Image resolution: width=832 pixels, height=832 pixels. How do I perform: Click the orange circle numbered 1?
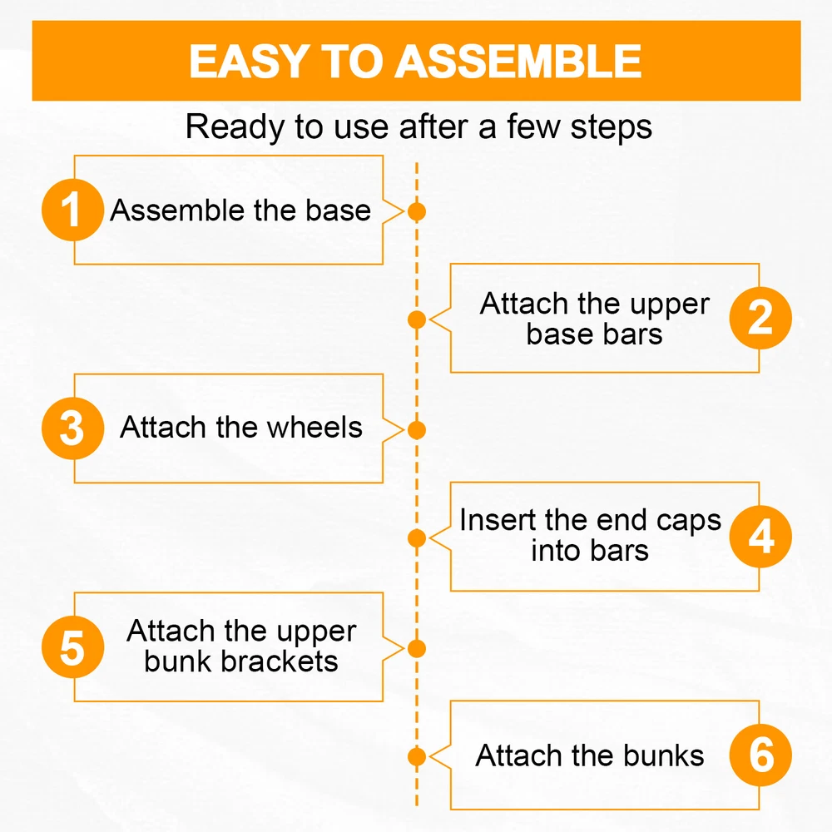pos(72,210)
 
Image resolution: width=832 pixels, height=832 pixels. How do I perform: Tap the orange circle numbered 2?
pos(760,318)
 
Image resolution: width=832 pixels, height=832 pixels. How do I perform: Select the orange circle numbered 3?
pos(72,428)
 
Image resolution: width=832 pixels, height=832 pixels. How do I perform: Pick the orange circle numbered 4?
pos(760,537)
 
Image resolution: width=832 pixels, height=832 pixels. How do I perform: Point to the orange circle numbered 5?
pos(72,646)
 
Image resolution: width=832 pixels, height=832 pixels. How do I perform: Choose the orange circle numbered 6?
pos(760,755)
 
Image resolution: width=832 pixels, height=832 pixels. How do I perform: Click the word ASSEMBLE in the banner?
pos(518,61)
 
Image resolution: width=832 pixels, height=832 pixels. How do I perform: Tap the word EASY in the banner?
pos(250,61)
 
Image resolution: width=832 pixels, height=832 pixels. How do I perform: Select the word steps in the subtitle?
pos(612,128)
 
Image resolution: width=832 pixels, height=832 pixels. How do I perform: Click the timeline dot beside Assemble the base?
pos(417,211)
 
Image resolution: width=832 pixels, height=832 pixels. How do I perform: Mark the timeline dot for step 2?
pos(417,320)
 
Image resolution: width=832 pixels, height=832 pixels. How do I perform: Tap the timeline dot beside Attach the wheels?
pos(417,430)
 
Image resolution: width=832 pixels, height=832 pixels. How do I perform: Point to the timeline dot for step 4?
pos(417,538)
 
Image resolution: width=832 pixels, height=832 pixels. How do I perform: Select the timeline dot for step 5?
pos(417,648)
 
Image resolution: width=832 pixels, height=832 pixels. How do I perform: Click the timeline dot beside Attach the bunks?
pos(417,756)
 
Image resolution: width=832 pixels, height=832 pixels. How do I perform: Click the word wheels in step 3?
pos(314,427)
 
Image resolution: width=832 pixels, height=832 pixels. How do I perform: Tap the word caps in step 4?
pos(689,521)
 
